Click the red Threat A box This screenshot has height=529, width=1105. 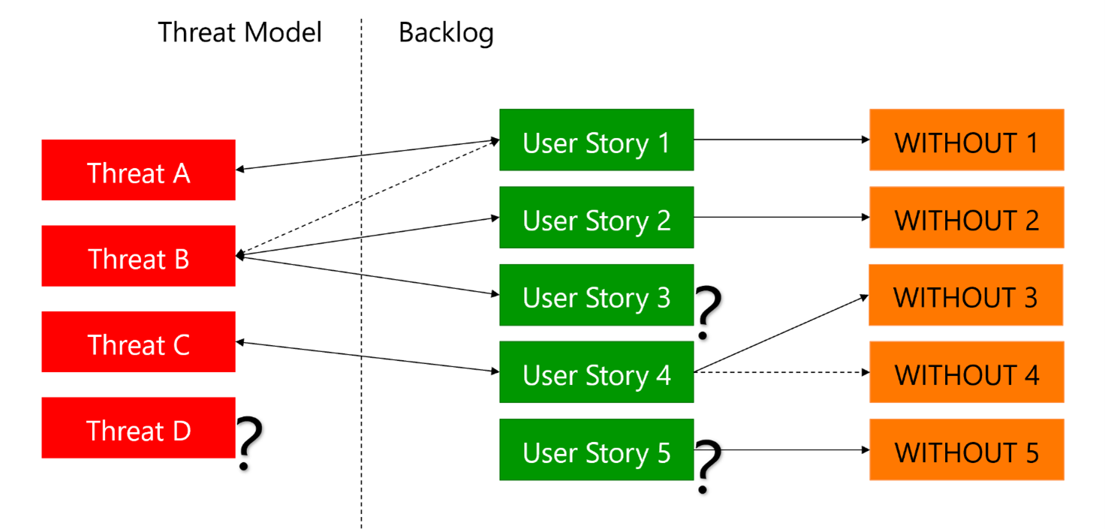138,170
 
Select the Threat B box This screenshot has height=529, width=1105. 138,256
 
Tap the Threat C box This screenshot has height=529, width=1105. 138,342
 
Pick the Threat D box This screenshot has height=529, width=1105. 138,428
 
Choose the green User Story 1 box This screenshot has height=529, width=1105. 596,140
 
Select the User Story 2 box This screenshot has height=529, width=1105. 596,218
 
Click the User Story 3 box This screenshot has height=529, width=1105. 596,295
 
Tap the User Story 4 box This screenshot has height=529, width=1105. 596,373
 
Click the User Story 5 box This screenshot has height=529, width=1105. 596,450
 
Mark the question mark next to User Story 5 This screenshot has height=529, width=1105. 708,466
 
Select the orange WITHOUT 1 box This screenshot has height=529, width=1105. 966,140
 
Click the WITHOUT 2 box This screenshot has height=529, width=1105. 966,218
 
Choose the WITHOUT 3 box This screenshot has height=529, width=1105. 965,295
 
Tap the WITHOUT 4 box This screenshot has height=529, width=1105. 966,373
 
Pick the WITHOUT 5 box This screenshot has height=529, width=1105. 966,450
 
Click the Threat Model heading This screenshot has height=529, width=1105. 239,32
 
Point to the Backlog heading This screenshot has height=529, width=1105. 446,32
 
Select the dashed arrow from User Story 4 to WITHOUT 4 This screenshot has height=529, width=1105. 781,372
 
